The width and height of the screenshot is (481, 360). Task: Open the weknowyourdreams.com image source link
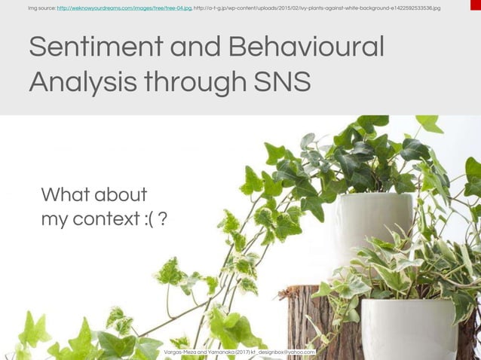point(124,8)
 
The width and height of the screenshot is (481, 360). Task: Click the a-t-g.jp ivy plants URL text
point(317,8)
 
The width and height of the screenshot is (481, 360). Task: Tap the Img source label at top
point(41,8)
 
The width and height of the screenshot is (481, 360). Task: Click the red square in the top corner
point(475,5)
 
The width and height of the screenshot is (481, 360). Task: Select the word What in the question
point(67,195)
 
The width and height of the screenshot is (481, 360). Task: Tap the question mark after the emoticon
point(163,219)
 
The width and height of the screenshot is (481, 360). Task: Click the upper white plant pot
point(373,218)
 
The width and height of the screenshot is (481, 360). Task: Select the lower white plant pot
point(408,328)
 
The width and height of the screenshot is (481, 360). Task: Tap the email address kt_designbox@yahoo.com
point(282,351)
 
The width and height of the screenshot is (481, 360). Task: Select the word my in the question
point(54,219)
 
